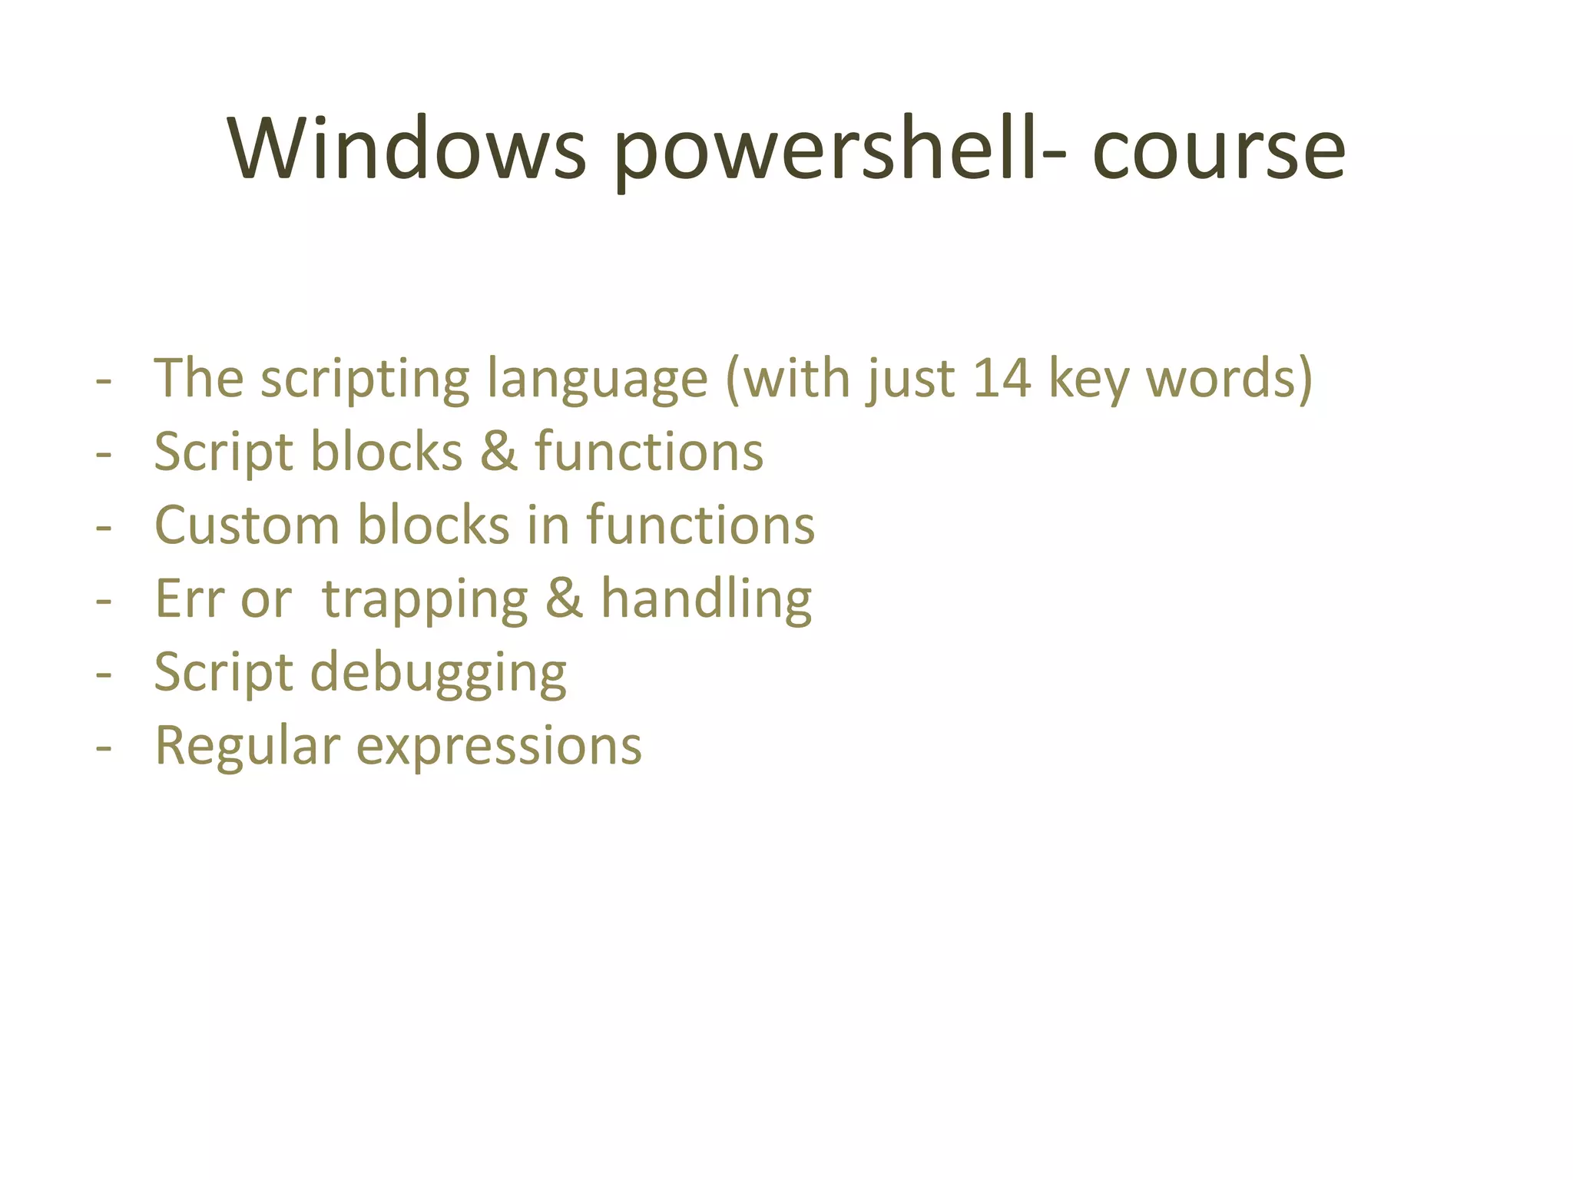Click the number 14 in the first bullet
[x=1001, y=378]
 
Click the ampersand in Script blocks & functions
[x=498, y=452]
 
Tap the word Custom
[x=247, y=525]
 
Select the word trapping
[x=425, y=601]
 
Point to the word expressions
[x=498, y=747]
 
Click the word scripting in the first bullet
[x=365, y=380]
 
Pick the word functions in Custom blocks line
[x=700, y=525]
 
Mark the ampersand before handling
[x=564, y=599]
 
